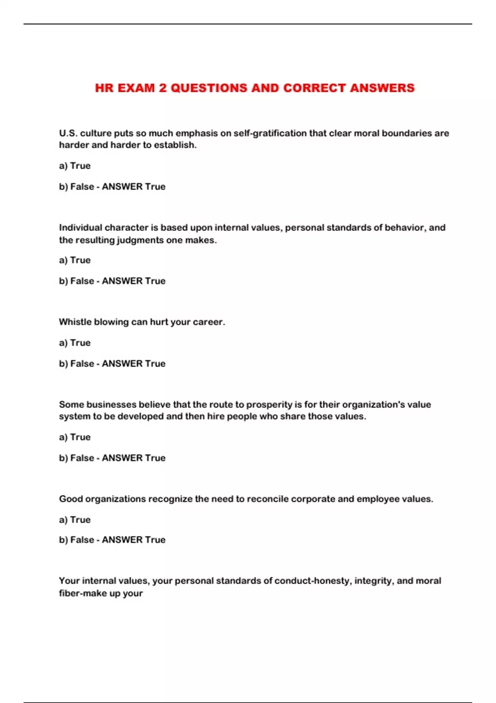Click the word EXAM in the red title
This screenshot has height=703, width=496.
pos(136,88)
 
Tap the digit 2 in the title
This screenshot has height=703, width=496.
pos(163,88)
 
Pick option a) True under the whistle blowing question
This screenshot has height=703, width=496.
pos(75,343)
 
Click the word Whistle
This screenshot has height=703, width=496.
pos(73,322)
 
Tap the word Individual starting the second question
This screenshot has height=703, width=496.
pos(81,227)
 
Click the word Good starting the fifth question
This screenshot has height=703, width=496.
pos(71,499)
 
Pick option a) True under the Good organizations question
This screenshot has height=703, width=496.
pos(75,520)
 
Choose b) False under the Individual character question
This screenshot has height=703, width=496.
pos(76,281)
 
